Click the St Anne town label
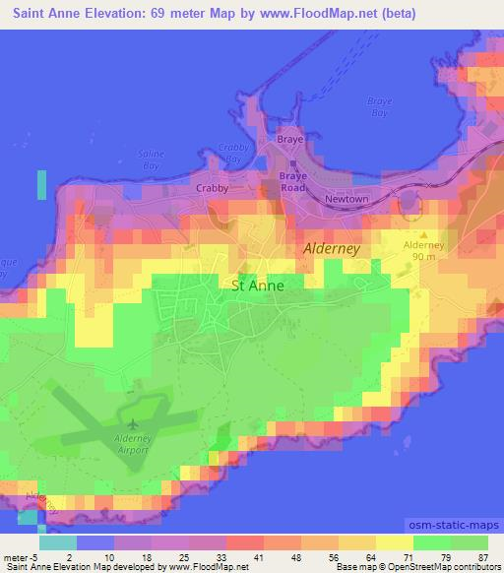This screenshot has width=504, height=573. click(x=257, y=286)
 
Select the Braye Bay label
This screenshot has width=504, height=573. click(x=379, y=107)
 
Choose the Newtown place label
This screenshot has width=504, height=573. click(x=346, y=198)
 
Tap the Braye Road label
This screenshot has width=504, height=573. click(x=294, y=181)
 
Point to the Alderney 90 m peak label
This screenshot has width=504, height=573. click(x=425, y=250)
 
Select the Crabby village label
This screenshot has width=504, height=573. click(x=213, y=187)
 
